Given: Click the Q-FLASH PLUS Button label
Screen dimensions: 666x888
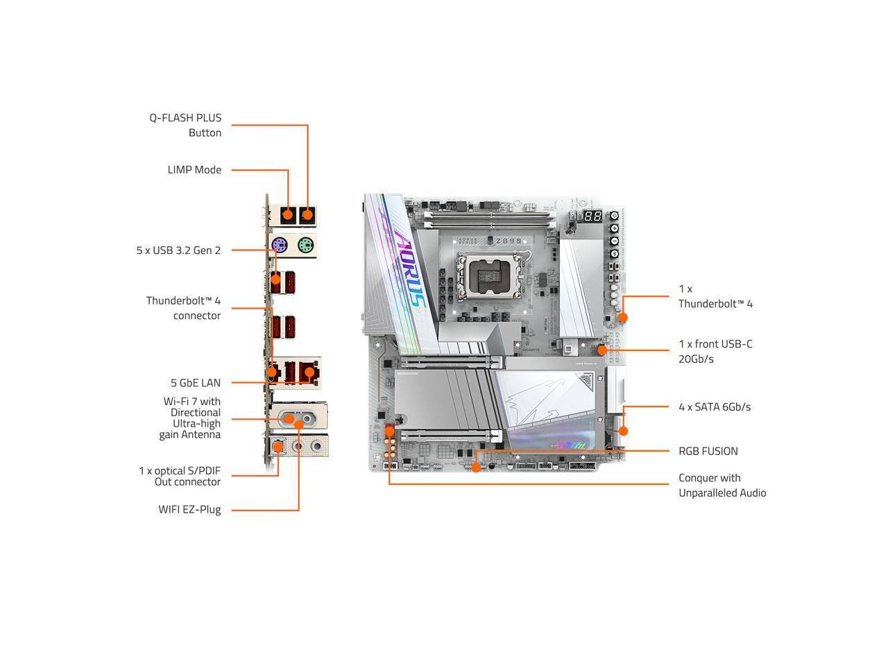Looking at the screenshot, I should [185, 125].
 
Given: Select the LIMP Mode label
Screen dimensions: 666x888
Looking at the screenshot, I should [194, 169].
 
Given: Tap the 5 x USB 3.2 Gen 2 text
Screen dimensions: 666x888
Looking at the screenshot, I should [178, 250].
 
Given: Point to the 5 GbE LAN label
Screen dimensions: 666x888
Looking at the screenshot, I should [195, 382].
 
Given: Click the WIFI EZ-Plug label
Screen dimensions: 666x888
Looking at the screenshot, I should [189, 509].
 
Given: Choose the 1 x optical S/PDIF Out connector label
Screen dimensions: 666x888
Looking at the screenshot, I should [180, 476].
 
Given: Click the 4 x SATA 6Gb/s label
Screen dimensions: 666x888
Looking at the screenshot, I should [714, 407].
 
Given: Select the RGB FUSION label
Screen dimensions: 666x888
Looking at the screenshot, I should [708, 451].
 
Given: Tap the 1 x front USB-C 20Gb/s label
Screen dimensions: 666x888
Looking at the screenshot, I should [715, 351].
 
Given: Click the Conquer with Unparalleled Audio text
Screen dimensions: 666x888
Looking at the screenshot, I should [721, 485].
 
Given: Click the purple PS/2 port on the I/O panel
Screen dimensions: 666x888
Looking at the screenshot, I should [279, 245].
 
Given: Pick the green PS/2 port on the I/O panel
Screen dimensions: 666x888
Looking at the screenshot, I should [305, 245].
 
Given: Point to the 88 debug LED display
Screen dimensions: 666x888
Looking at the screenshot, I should [592, 216].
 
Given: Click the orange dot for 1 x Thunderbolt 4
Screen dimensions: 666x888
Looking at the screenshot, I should [623, 317].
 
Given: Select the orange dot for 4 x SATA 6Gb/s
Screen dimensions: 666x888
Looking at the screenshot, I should [623, 431].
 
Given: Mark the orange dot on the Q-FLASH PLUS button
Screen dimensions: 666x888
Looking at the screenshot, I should [307, 215].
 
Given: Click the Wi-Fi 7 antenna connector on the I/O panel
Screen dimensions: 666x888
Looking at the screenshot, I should [299, 420].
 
